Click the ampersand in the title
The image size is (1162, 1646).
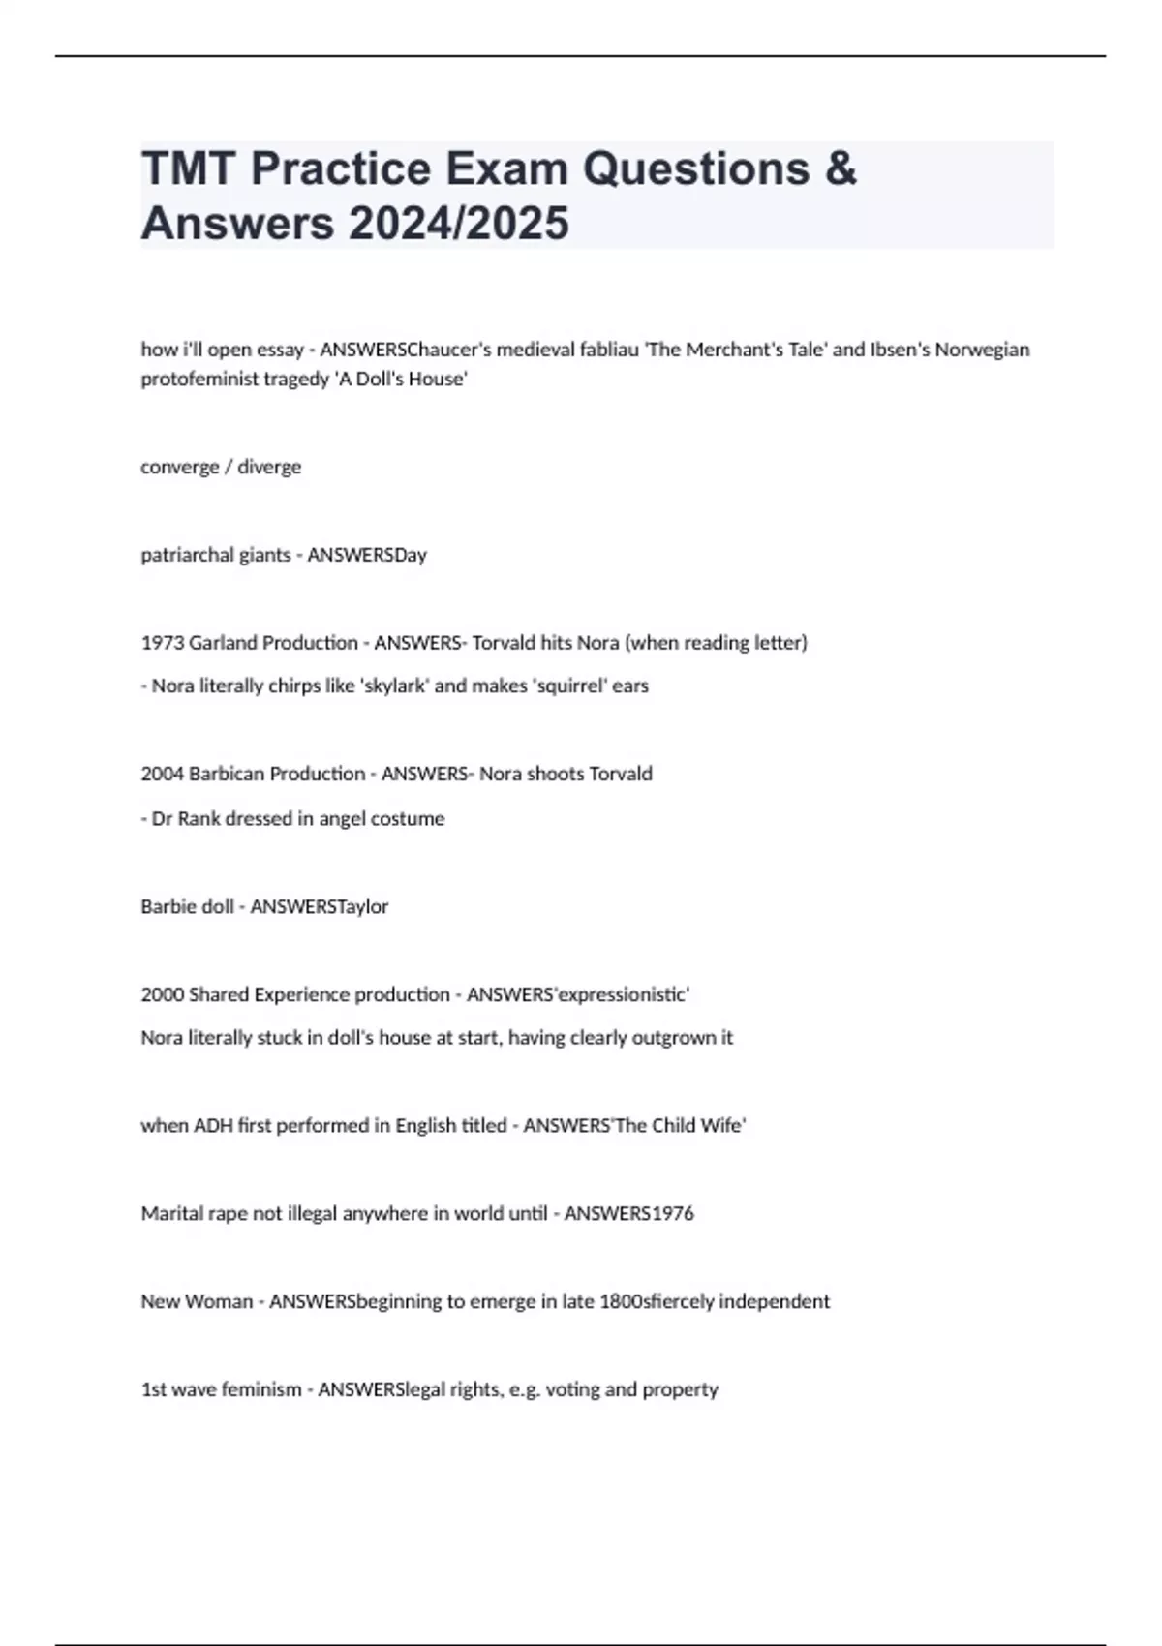(841, 168)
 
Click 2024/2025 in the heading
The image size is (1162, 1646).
(458, 223)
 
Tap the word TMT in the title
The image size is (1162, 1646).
(190, 168)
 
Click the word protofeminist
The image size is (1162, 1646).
(199, 379)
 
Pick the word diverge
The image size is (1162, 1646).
(269, 467)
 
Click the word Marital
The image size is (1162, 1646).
(170, 1213)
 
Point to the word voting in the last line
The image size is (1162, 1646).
(572, 1389)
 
